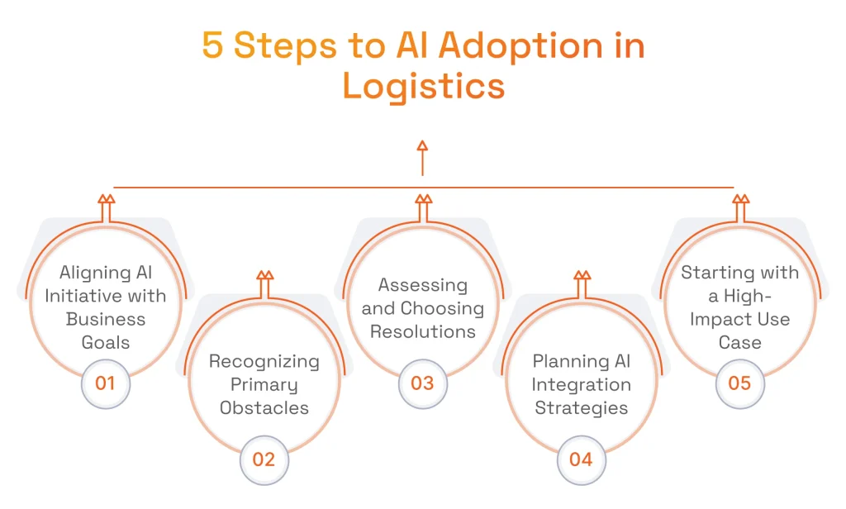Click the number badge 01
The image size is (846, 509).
[x=105, y=383]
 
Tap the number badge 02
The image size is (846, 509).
[x=264, y=459]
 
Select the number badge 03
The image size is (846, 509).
[x=422, y=383]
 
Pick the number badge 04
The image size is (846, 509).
[x=581, y=459]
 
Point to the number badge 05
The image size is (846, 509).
[x=739, y=383]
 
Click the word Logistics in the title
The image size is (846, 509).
[x=423, y=86]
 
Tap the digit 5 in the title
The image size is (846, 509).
[x=212, y=46]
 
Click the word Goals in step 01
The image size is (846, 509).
[x=105, y=342]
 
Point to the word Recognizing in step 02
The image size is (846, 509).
[x=264, y=361]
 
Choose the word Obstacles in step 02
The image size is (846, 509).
[x=264, y=407]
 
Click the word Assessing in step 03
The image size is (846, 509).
[x=422, y=285]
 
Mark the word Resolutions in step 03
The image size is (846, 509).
[x=422, y=331]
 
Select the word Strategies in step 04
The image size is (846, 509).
[x=581, y=407]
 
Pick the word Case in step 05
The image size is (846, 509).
[x=739, y=342]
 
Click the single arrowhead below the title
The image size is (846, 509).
[x=422, y=147]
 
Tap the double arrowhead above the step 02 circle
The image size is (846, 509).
[x=264, y=276]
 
